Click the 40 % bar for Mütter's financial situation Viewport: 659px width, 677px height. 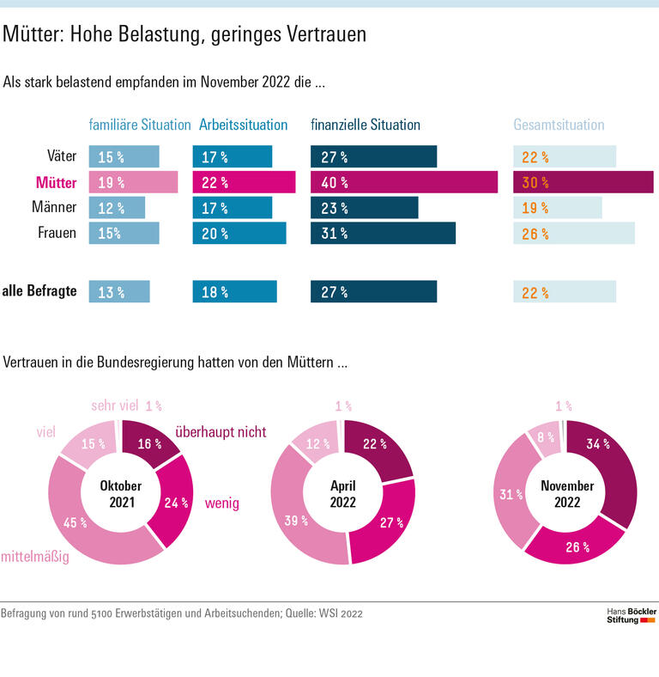pyautogui.click(x=403, y=182)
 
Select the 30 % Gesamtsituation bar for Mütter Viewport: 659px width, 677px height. pyautogui.click(x=583, y=182)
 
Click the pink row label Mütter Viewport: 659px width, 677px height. pyautogui.click(x=56, y=182)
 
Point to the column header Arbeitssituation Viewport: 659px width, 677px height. pyautogui.click(x=243, y=125)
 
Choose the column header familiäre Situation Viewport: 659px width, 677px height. pyautogui.click(x=140, y=125)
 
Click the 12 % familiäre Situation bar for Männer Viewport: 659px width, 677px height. pyautogui.click(x=117, y=208)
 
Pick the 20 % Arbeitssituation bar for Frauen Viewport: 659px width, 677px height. pyautogui.click(x=239, y=234)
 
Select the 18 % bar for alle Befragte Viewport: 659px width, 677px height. pyautogui.click(x=234, y=292)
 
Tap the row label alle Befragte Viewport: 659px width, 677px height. pyautogui.click(x=39, y=291)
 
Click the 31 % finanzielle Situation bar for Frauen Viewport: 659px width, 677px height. pyautogui.click(x=383, y=234)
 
